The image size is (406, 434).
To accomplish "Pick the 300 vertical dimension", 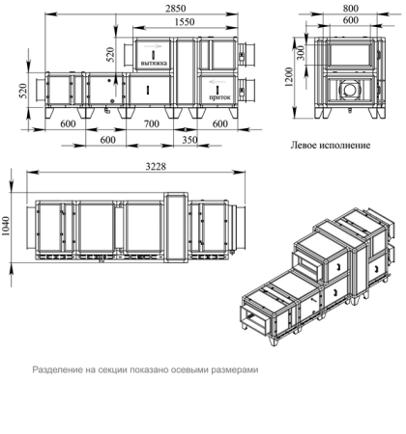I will (301, 52).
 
